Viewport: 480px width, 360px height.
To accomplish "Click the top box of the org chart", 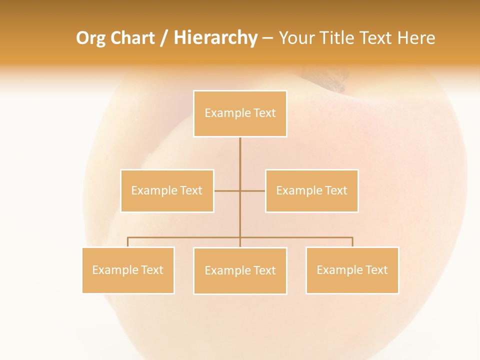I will (240, 113).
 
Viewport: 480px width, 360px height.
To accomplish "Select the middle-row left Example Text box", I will (167, 190).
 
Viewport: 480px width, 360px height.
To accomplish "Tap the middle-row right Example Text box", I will (312, 190).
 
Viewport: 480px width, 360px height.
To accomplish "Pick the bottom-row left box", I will (128, 270).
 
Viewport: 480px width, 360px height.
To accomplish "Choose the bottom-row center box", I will (240, 270).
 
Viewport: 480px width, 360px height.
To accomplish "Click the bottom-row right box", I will (352, 270).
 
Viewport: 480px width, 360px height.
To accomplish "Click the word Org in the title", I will (90, 38).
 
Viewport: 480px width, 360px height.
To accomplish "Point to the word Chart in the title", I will (132, 38).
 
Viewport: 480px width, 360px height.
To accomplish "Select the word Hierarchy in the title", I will (215, 38).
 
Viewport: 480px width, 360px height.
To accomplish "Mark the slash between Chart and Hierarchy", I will (164, 38).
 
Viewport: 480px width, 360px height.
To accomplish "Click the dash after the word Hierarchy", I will (267, 38).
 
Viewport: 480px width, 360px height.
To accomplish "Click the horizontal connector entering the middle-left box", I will (226, 190).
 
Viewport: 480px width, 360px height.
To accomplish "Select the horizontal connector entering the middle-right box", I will (253, 190).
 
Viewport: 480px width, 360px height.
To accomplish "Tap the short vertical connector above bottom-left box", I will (128, 242).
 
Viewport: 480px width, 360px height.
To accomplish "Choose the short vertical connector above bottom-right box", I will (352, 242).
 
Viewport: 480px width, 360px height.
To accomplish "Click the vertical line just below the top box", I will (240, 150).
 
